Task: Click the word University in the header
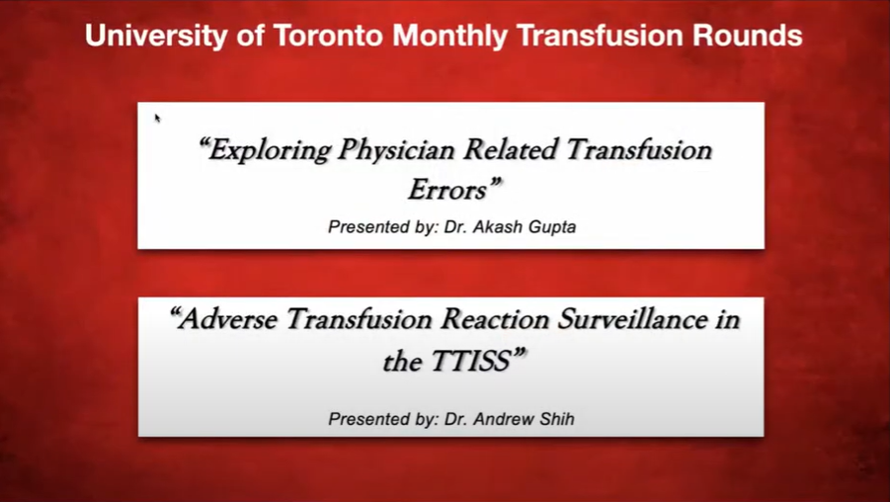tap(155, 36)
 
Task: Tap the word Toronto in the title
tap(329, 36)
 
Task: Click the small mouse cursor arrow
tap(157, 118)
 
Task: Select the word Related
tap(510, 150)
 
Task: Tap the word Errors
tap(454, 190)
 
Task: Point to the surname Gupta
tap(552, 227)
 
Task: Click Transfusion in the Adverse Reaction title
tap(360, 319)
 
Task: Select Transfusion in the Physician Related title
tap(638, 150)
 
